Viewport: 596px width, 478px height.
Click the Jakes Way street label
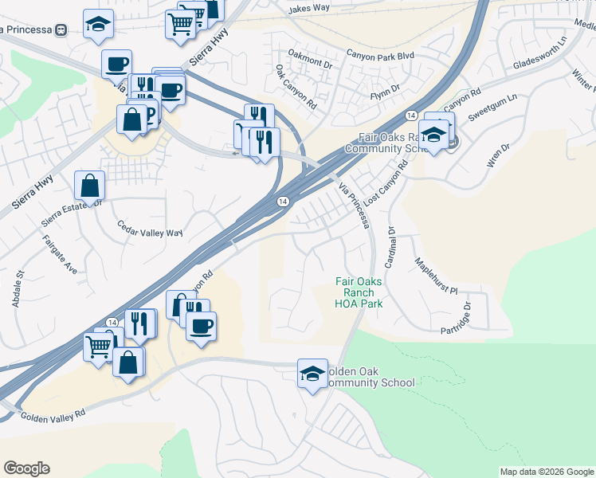(309, 8)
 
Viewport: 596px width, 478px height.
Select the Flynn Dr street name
(389, 96)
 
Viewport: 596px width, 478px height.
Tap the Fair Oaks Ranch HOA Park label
(359, 292)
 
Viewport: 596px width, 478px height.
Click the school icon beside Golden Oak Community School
(312, 372)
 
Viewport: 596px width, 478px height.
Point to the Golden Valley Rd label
(53, 416)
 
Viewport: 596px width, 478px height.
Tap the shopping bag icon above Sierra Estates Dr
(89, 185)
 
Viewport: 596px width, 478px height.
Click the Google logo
(26, 468)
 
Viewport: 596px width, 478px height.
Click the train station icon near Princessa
(61, 29)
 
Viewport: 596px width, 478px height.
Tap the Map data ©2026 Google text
(547, 472)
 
